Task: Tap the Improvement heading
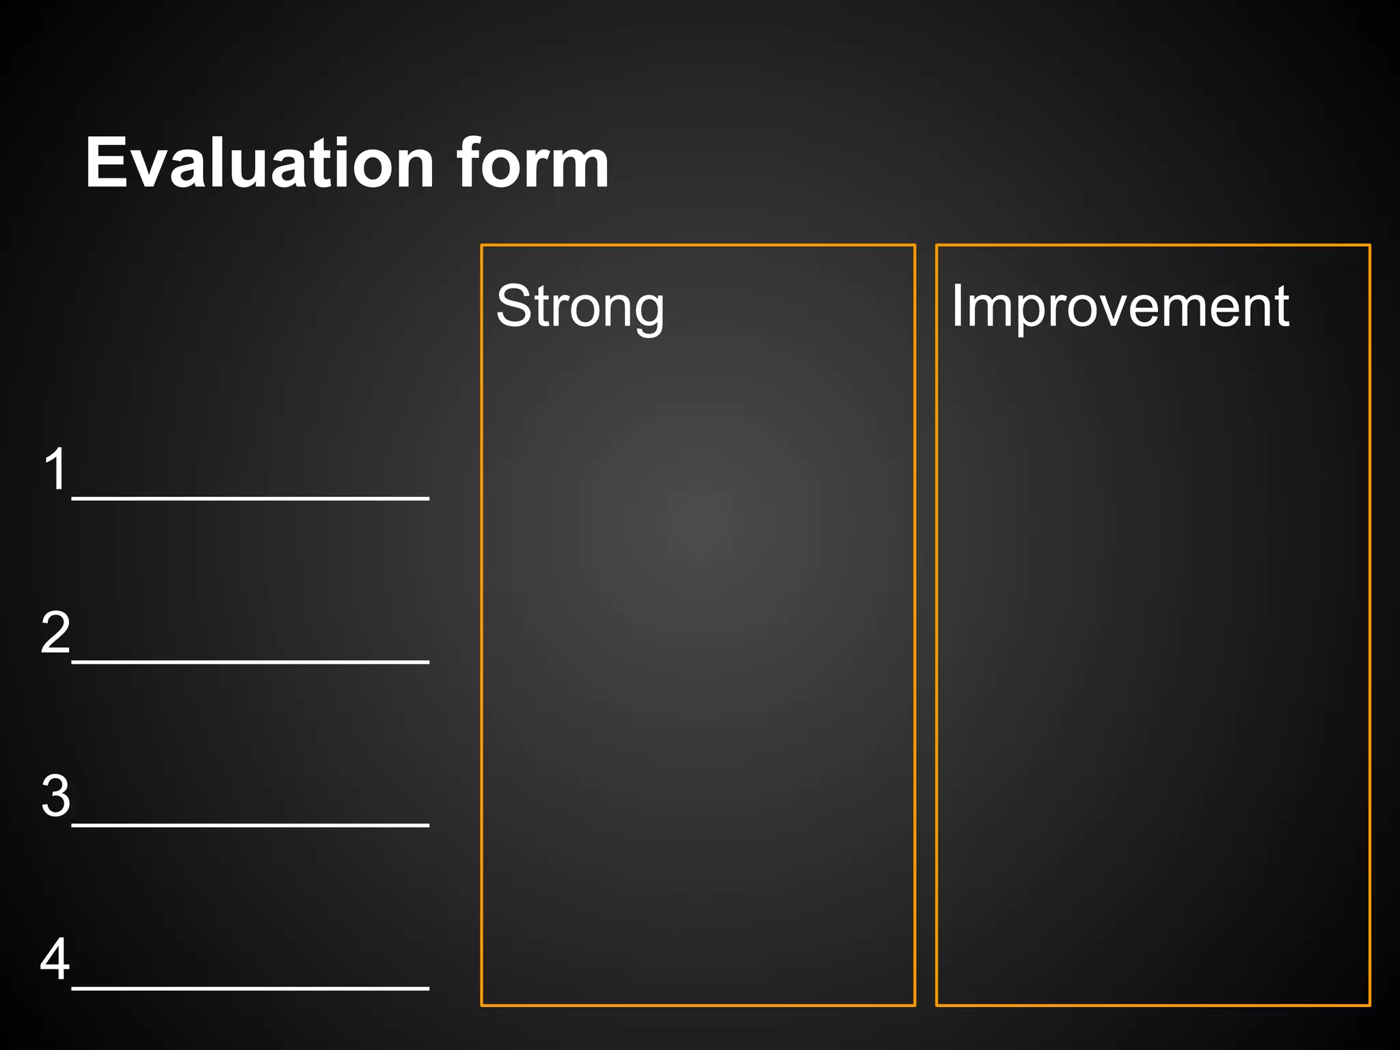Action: [1120, 306]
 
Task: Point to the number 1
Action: [55, 469]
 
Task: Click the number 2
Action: [55, 632]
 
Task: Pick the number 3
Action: [55, 796]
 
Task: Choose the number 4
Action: [55, 958]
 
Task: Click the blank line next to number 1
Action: [250, 498]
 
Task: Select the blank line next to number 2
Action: [250, 662]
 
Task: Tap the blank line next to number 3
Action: [250, 825]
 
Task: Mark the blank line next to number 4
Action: [250, 988]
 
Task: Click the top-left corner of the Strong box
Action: [482, 245]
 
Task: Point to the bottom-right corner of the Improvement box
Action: [1370, 1005]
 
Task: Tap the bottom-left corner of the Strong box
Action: [482, 1005]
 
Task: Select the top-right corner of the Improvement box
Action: [1370, 245]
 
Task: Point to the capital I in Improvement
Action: [957, 306]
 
